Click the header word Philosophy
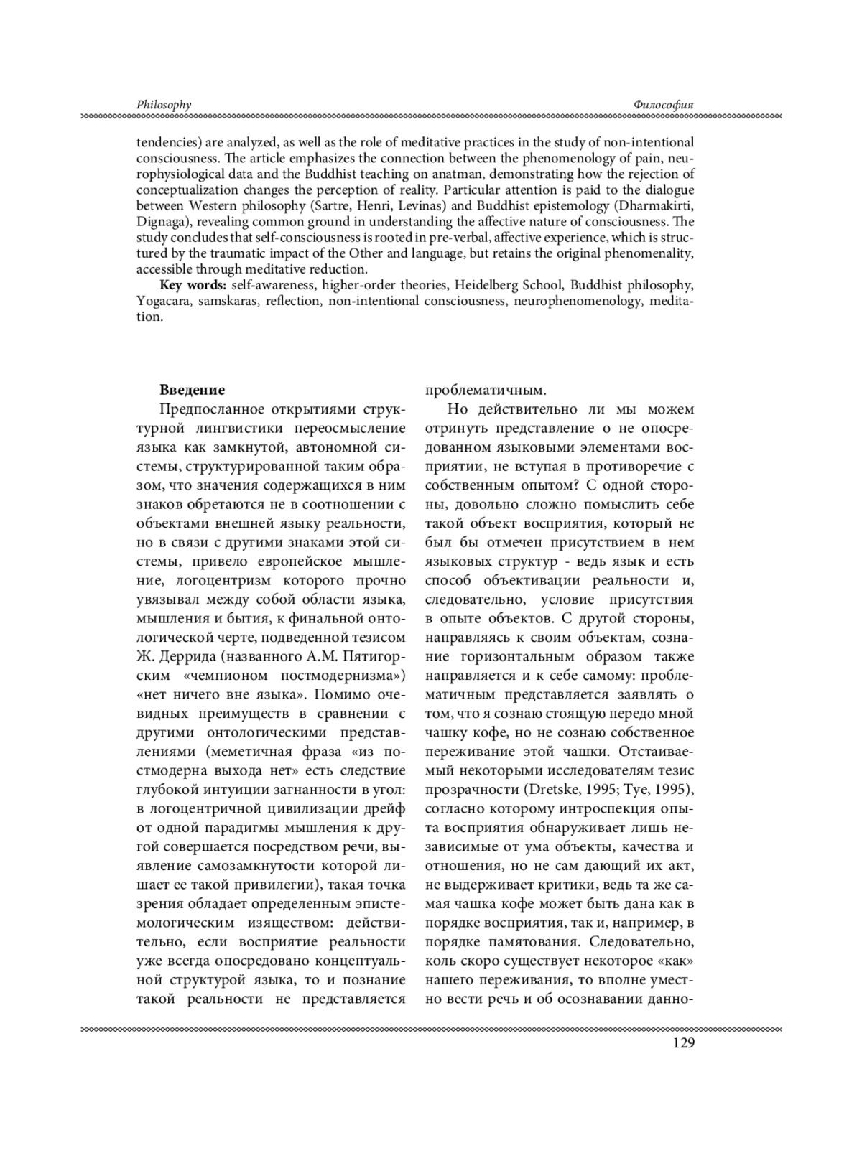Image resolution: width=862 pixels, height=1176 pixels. [x=164, y=105]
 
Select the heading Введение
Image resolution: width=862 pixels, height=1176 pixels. [x=192, y=390]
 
